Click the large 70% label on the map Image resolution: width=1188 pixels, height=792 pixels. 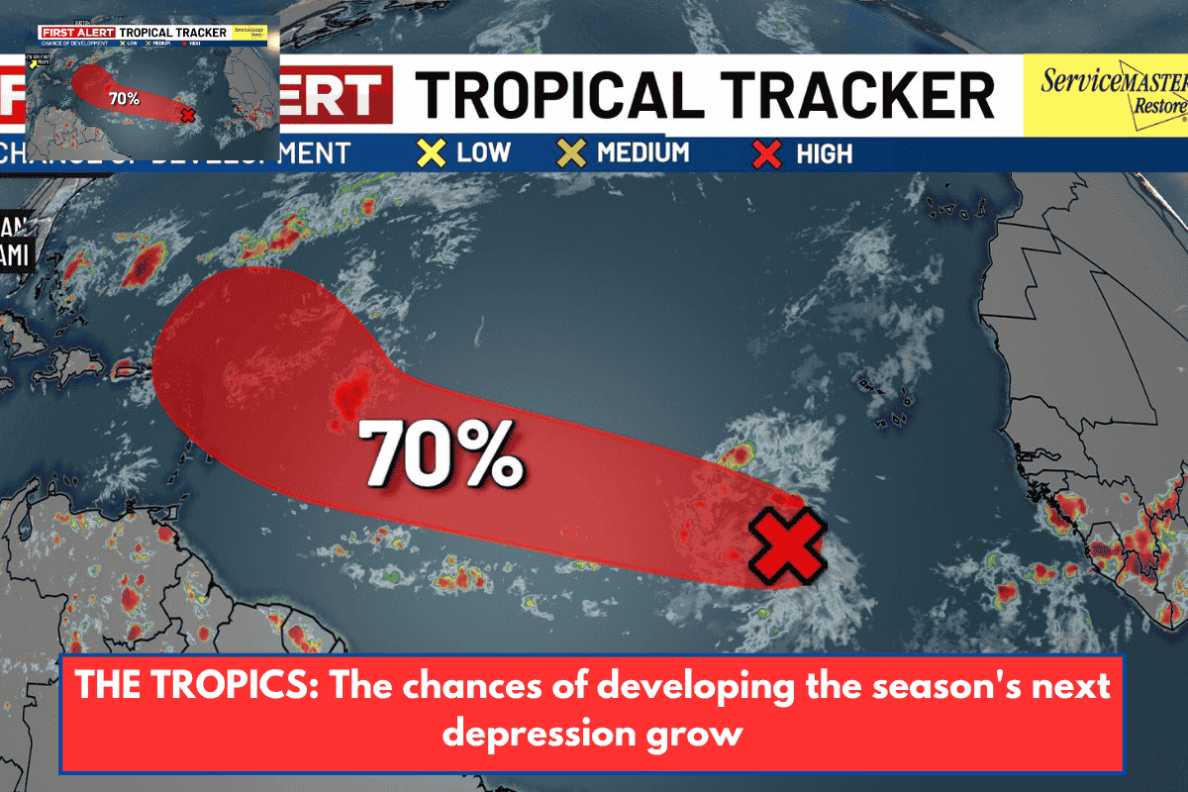[x=441, y=454]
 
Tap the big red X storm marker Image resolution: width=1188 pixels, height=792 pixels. [x=787, y=545]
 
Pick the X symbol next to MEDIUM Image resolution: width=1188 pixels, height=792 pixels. [x=571, y=153]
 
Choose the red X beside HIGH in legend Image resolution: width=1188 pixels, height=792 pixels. [x=768, y=154]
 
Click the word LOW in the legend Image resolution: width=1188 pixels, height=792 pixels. [x=483, y=153]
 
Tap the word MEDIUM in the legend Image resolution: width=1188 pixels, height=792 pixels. [x=643, y=153]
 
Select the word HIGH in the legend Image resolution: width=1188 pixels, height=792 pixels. [x=824, y=154]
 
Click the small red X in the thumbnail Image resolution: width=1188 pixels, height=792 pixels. [x=189, y=114]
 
